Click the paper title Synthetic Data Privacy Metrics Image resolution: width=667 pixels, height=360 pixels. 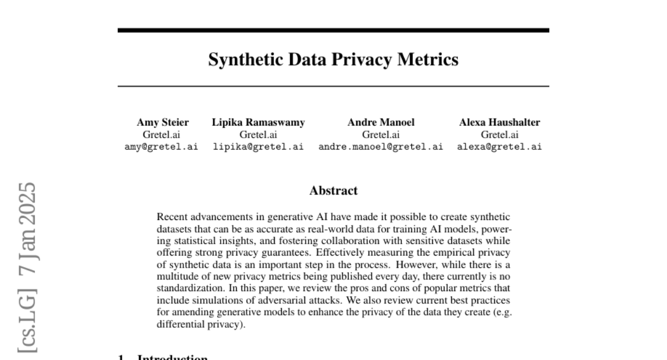tap(333, 59)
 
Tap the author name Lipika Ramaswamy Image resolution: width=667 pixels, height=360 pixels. tap(258, 122)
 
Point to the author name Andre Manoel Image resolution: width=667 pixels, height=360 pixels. tap(381, 122)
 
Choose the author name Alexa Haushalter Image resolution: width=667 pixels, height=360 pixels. tap(499, 122)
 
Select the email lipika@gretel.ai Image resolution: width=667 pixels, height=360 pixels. tap(258, 147)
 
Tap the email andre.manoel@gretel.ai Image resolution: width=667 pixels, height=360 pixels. tap(381, 147)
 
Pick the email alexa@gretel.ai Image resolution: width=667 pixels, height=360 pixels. tap(499, 147)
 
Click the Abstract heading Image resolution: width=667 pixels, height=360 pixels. tap(333, 191)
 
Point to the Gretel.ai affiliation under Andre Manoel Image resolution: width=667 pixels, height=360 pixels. tap(381, 134)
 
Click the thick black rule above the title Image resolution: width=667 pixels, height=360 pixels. tap(333, 30)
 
